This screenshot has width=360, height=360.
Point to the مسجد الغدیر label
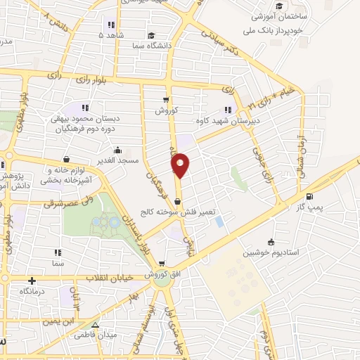(x=117, y=160)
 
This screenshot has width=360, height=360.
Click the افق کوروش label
(x=164, y=274)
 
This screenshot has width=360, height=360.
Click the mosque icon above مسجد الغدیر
(x=117, y=149)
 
